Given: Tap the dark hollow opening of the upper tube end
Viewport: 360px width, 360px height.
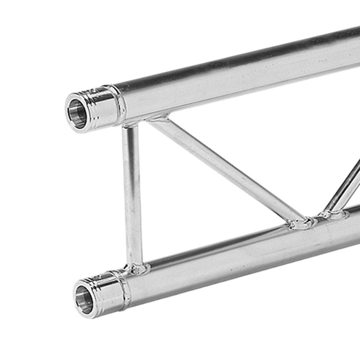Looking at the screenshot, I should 77,114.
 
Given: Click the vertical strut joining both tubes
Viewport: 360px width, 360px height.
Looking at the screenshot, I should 132,195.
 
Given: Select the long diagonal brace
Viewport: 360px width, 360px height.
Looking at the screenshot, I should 225,171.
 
